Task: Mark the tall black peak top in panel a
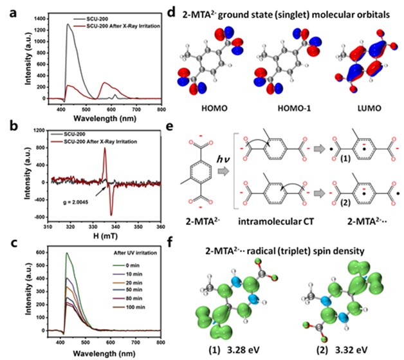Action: click(x=68, y=24)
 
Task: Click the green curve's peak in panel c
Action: click(x=66, y=253)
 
